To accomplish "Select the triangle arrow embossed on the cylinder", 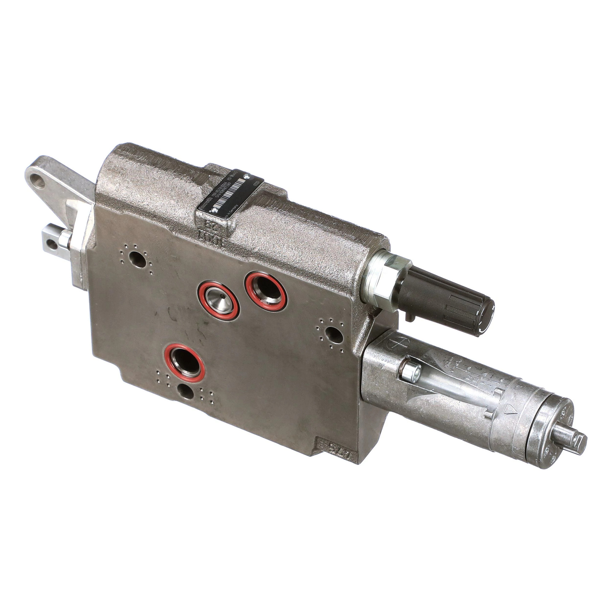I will click(510, 412).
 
